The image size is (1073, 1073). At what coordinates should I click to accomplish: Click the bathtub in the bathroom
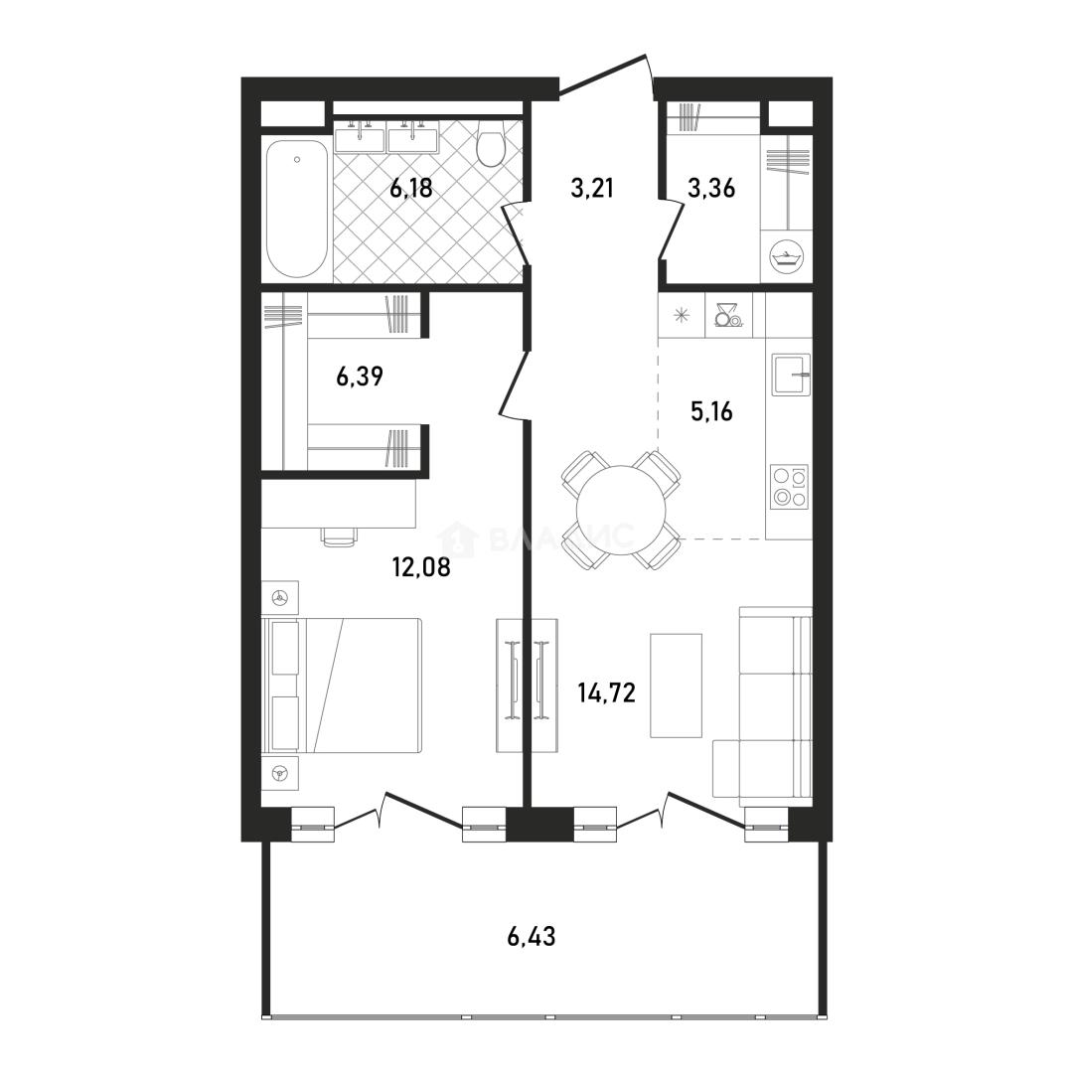[296, 209]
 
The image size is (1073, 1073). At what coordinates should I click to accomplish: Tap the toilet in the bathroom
[490, 144]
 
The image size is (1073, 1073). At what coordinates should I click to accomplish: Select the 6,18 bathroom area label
[411, 188]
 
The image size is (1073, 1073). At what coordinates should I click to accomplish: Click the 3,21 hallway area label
[592, 187]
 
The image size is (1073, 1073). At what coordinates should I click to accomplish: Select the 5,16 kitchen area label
[711, 411]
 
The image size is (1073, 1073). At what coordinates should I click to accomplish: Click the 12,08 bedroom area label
[421, 566]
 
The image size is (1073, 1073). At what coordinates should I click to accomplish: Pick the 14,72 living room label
[606, 693]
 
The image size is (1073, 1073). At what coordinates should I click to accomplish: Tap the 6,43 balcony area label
[531, 936]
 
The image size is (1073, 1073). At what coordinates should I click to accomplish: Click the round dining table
[621, 510]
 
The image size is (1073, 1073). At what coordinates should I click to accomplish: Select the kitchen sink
[791, 375]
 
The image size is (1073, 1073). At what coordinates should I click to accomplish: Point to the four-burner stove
[789, 487]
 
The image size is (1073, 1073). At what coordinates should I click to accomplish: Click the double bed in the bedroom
[342, 686]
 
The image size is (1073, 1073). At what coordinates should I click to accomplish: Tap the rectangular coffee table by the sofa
[677, 685]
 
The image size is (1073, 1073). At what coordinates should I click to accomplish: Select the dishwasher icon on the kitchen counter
[727, 314]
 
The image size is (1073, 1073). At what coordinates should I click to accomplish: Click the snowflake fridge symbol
[681, 315]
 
